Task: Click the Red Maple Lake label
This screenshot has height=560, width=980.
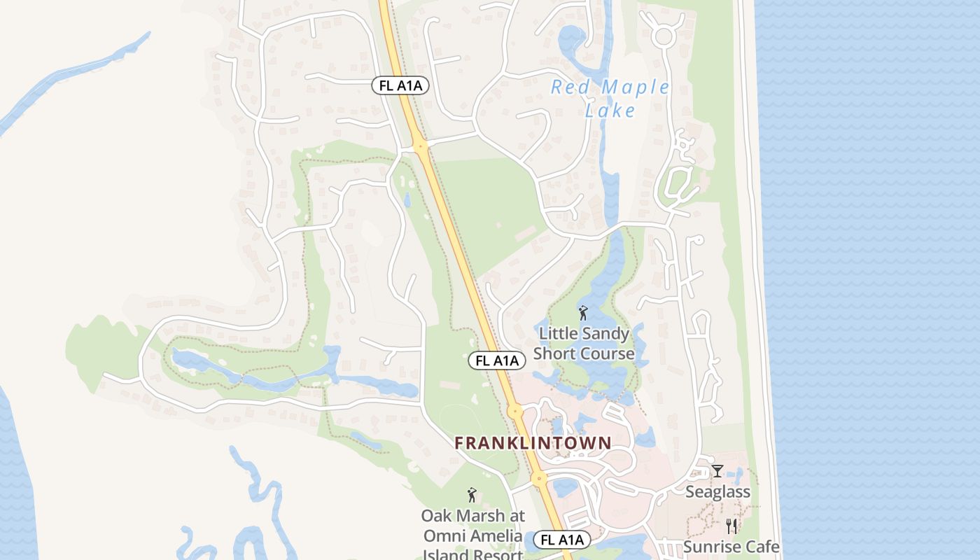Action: click(x=610, y=98)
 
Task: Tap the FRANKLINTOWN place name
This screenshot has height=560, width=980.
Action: click(x=533, y=443)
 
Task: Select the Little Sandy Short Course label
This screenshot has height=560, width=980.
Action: click(x=584, y=344)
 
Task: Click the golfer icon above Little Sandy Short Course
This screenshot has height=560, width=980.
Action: click(x=583, y=313)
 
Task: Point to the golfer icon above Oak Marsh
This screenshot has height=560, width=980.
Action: click(x=472, y=495)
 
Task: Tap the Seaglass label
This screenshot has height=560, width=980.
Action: click(x=717, y=492)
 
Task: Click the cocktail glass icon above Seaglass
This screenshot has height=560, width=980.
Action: click(x=717, y=471)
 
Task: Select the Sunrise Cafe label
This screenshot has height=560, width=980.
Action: click(x=731, y=547)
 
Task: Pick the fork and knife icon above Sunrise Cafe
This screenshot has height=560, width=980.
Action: click(x=731, y=526)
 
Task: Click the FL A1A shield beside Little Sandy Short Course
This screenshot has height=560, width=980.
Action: click(x=496, y=360)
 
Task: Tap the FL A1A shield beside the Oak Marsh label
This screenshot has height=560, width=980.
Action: click(x=561, y=540)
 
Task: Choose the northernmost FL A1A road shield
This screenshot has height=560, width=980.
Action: click(x=400, y=85)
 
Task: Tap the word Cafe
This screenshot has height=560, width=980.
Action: click(x=761, y=547)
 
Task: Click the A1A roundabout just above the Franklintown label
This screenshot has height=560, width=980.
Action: click(x=515, y=412)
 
